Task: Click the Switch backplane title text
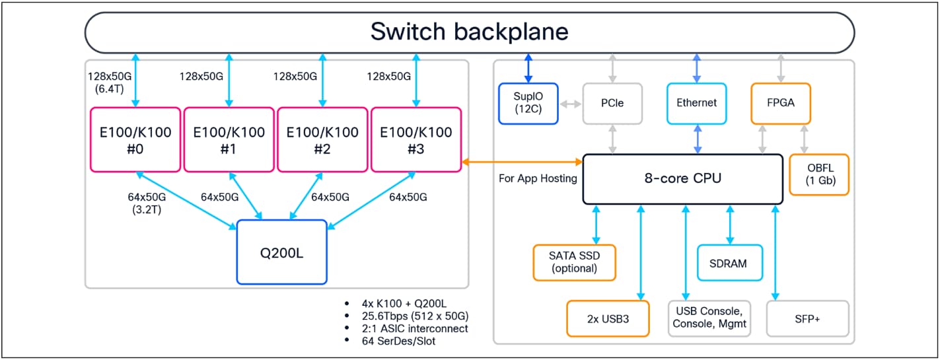click(469, 32)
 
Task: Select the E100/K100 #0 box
click(135, 139)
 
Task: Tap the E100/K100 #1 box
click(229, 139)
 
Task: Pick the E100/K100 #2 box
click(322, 139)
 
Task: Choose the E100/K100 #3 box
click(416, 139)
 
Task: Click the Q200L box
click(281, 252)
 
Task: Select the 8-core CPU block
click(682, 178)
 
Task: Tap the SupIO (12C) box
click(528, 103)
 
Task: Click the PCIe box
click(612, 103)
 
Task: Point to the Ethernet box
click(697, 103)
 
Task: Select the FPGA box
click(781, 103)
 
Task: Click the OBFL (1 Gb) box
click(819, 174)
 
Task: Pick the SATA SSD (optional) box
click(574, 262)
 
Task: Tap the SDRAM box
click(729, 263)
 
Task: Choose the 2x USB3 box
click(608, 318)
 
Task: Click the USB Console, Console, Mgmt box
click(709, 318)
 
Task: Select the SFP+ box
click(807, 318)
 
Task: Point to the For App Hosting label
click(538, 178)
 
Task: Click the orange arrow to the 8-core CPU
click(522, 161)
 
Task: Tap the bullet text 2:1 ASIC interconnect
click(415, 328)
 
